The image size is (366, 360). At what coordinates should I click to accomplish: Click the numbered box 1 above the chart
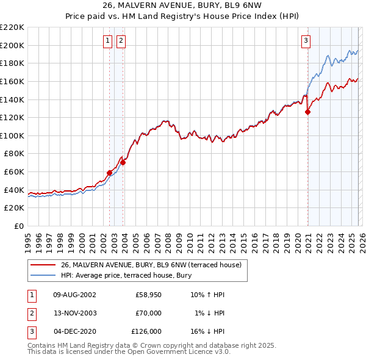tap(107, 41)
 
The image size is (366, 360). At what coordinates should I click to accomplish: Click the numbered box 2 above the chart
tap(121, 41)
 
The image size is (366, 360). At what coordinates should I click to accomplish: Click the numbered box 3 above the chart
tap(306, 41)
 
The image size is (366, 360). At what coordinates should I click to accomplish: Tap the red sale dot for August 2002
tap(110, 173)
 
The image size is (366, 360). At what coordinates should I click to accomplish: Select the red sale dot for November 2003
tap(123, 162)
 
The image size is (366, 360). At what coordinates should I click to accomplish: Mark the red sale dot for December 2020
tap(307, 112)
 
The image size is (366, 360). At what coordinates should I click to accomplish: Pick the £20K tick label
tap(14, 208)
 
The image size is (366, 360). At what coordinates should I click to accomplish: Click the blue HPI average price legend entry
tap(126, 276)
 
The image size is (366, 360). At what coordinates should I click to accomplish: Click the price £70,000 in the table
tap(148, 313)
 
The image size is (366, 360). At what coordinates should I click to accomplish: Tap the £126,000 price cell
tap(146, 331)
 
